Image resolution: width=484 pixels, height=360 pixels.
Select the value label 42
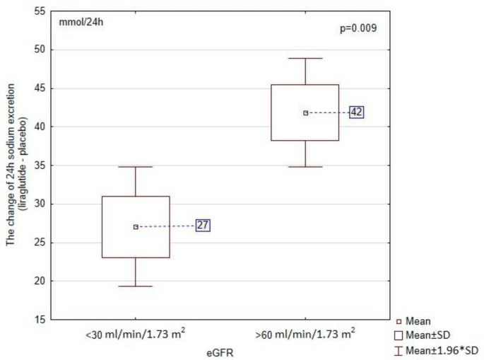click(355, 112)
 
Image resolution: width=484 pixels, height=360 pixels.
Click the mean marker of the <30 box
click(136, 227)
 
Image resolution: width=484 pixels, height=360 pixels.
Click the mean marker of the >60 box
click(305, 112)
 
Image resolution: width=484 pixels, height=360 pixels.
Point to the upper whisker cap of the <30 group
click(136, 167)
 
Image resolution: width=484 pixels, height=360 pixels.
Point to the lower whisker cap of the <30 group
click(136, 286)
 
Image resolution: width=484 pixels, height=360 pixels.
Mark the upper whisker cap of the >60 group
click(305, 58)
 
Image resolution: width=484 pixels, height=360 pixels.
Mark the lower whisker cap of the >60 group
click(305, 167)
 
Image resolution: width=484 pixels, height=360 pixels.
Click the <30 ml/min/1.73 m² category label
click(136, 333)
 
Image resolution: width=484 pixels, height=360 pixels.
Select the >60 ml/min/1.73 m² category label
click(305, 333)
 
